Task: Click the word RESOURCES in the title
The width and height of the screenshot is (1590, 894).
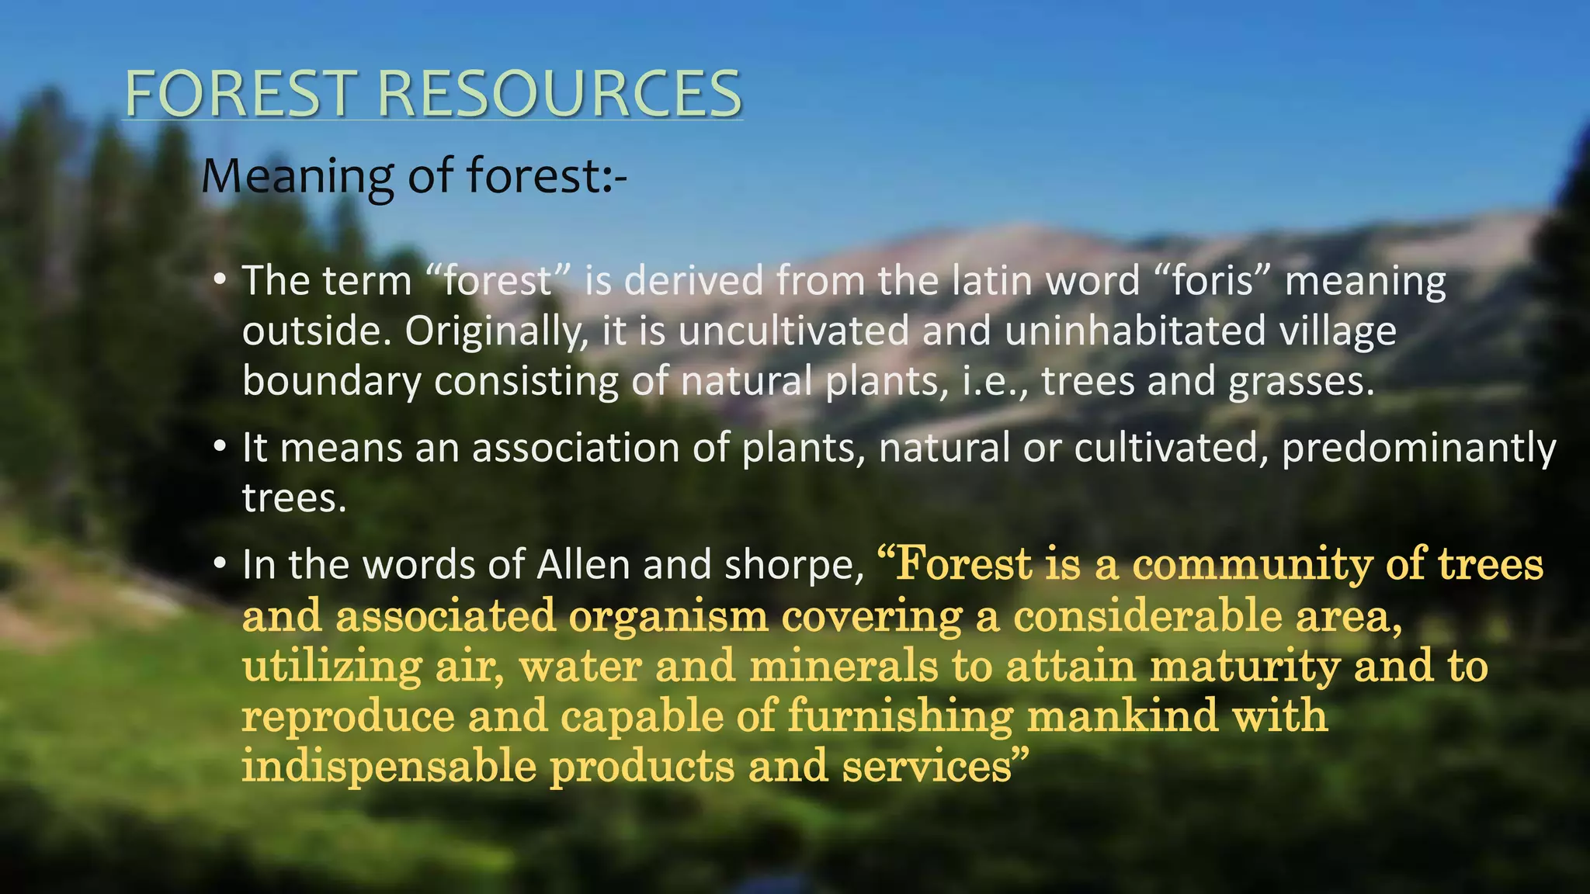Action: (x=559, y=94)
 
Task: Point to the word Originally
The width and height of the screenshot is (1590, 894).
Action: (x=497, y=332)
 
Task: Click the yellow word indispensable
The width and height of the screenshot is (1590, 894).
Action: (x=389, y=767)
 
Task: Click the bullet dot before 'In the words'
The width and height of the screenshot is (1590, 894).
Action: (x=220, y=563)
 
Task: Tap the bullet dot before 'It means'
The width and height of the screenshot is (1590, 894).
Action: (x=220, y=447)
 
